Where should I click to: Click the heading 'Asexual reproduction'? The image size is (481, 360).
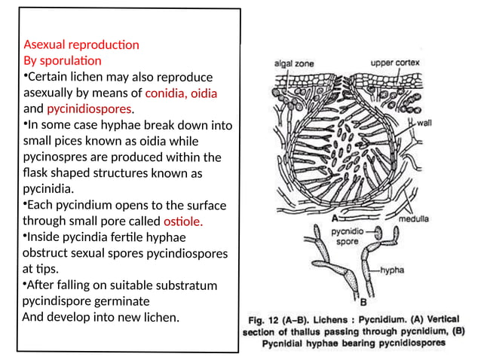81,44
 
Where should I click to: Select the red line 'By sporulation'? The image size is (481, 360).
62,60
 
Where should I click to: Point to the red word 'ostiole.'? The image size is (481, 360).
183,221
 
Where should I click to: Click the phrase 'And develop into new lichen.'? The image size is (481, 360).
101,317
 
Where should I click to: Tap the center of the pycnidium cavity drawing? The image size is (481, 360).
340,143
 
